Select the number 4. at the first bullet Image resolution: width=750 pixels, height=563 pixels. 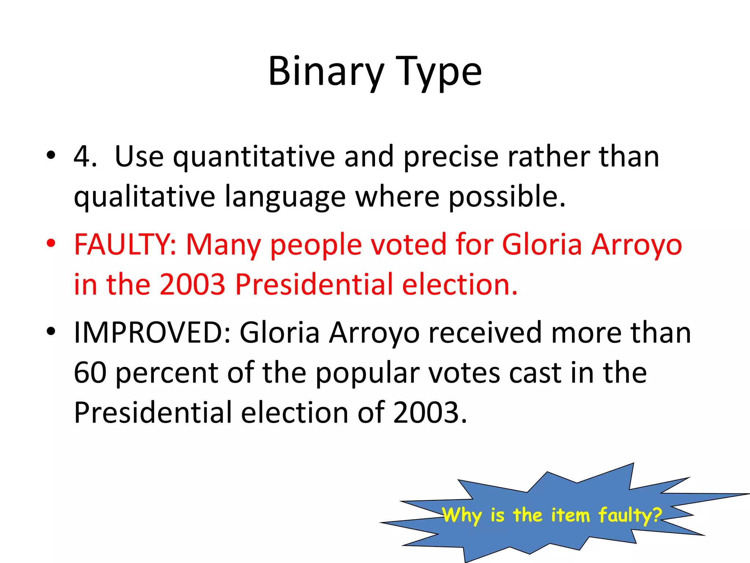click(x=85, y=157)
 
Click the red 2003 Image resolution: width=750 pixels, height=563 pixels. click(x=192, y=284)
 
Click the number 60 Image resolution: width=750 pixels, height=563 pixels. click(x=90, y=373)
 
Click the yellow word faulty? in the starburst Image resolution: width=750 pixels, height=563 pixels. click(x=630, y=515)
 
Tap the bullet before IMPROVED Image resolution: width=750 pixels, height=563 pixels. click(x=51, y=331)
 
